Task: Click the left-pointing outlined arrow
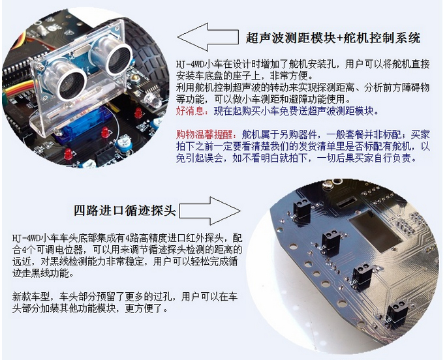pyautogui.click(x=208, y=37)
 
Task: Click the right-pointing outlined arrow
pyautogui.click(x=210, y=211)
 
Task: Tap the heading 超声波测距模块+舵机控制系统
pyautogui.click(x=333, y=38)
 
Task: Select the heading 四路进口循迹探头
pyautogui.click(x=125, y=211)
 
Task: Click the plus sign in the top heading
pyautogui.click(x=340, y=38)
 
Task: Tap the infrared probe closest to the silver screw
pyautogui.click(x=301, y=211)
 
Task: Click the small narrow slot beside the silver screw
pyautogui.click(x=346, y=203)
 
